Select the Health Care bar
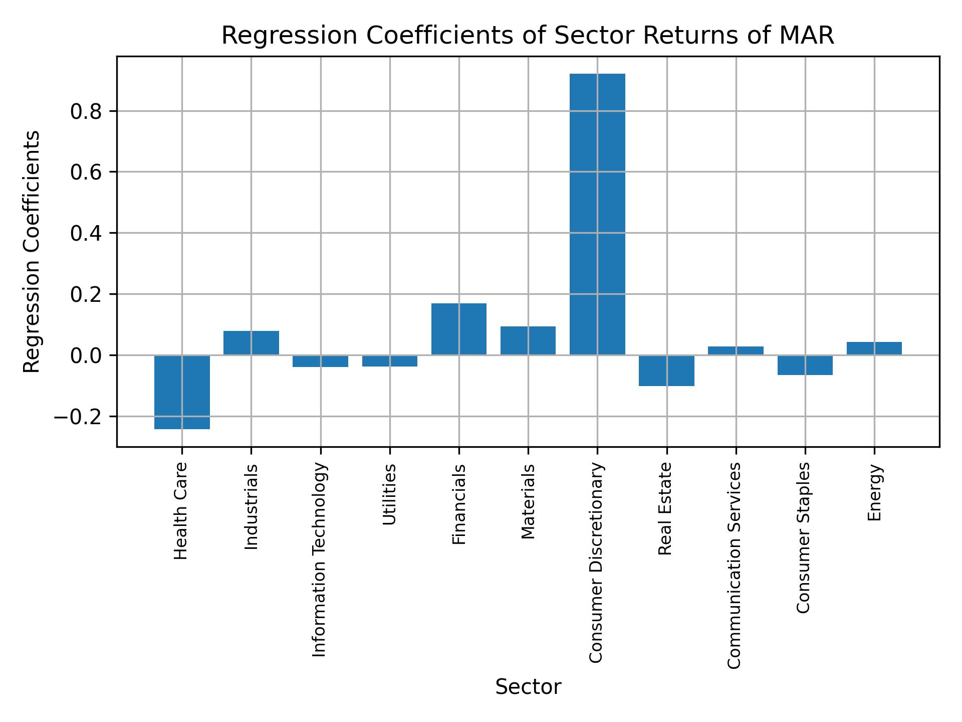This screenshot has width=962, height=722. pyautogui.click(x=182, y=392)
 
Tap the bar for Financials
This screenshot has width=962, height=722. pyautogui.click(x=458, y=329)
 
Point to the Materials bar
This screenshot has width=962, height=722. pyautogui.click(x=528, y=340)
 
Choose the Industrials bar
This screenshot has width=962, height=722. pyautogui.click(x=251, y=343)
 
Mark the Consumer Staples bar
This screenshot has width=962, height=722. pyautogui.click(x=805, y=365)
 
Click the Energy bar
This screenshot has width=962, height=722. pyautogui.click(x=874, y=348)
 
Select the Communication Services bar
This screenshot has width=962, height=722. pyautogui.click(x=736, y=350)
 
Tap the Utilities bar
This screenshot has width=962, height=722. pyautogui.click(x=390, y=360)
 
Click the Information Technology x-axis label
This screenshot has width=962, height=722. pyautogui.click(x=320, y=560)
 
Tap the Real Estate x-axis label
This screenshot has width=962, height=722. pyautogui.click(x=665, y=509)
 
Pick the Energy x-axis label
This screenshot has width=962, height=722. pyautogui.click(x=874, y=493)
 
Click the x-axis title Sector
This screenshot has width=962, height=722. pyautogui.click(x=528, y=687)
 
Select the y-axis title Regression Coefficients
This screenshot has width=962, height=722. pyautogui.click(x=32, y=252)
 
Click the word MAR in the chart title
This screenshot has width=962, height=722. pyautogui.click(x=810, y=36)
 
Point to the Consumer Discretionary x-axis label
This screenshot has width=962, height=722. pyautogui.click(x=596, y=563)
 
